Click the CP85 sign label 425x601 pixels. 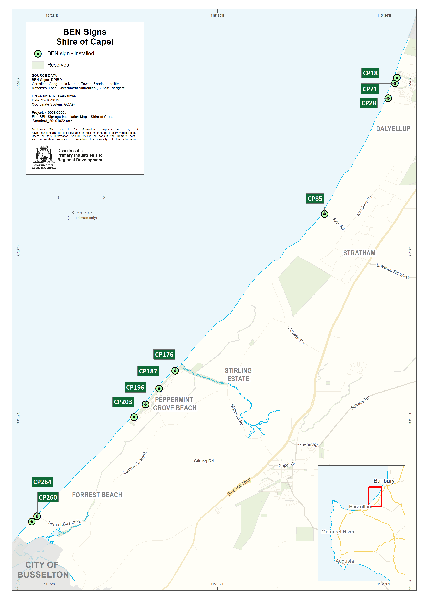tap(315, 199)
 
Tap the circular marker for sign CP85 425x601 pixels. tap(324, 214)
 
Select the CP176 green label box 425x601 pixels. tap(164, 354)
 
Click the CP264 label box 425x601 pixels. tap(42, 482)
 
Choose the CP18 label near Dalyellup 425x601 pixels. tap(370, 73)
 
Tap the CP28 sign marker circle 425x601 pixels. tap(388, 98)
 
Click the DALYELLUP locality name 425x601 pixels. tap(393, 129)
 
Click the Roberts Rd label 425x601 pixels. tap(296, 335)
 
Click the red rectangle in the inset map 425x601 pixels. tap(375, 496)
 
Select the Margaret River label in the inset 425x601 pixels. tap(338, 532)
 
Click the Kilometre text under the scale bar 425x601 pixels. tap(82, 213)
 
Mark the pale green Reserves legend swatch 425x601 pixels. tap(38, 65)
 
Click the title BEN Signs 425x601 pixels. tap(85, 32)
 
